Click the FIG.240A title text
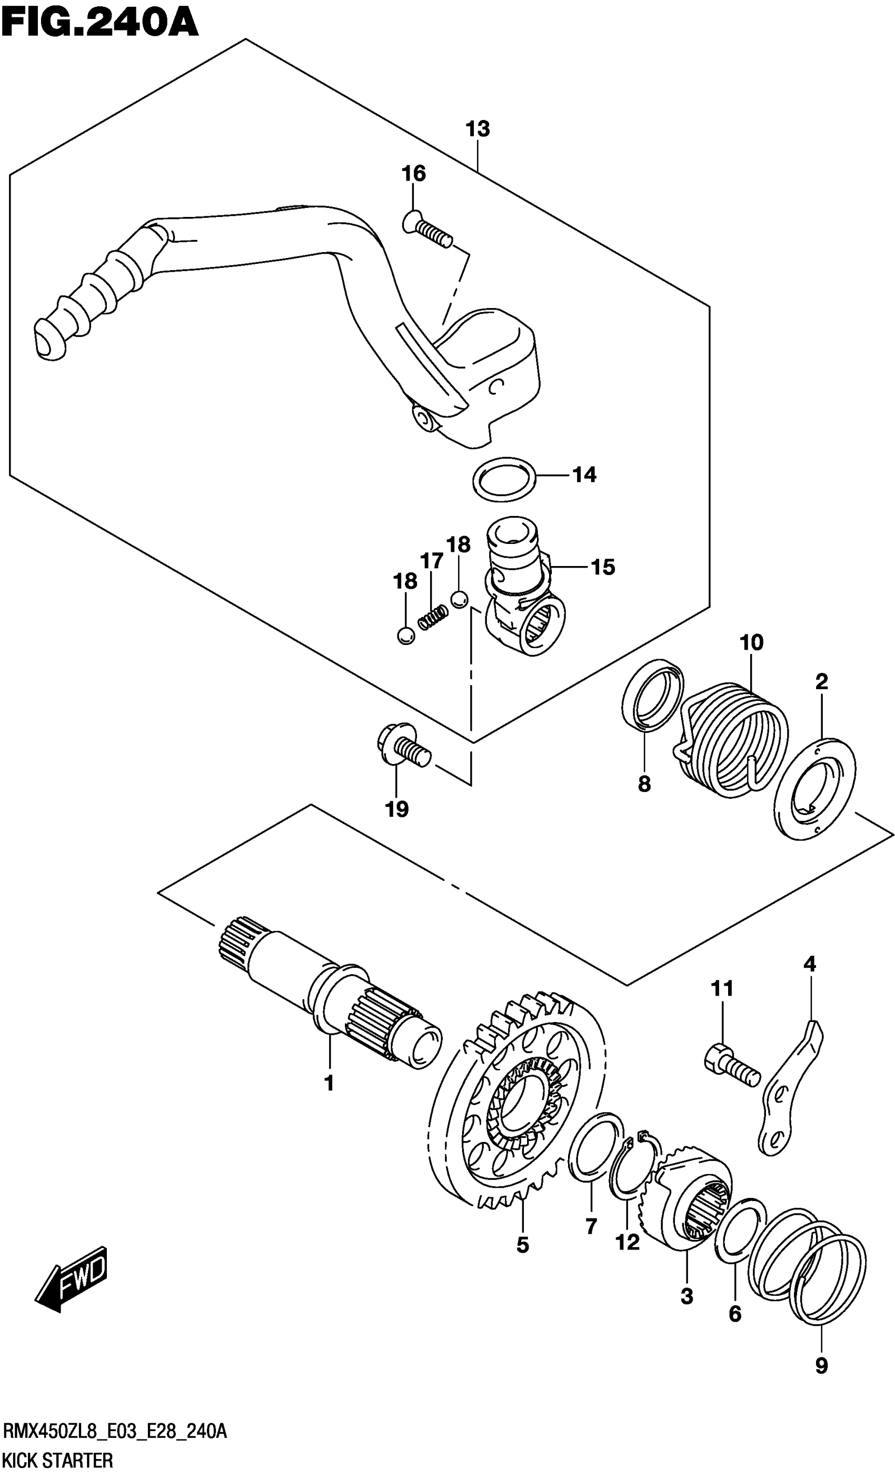(x=100, y=24)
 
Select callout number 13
(x=478, y=128)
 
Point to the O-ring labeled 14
(x=503, y=479)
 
